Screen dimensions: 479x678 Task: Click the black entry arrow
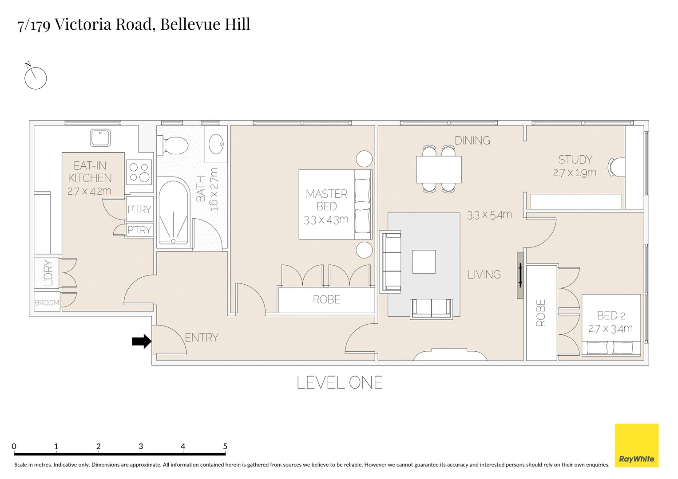pyautogui.click(x=142, y=341)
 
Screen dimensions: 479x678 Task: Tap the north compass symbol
pyautogui.click(x=35, y=78)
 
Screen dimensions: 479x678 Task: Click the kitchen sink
pyautogui.click(x=100, y=137)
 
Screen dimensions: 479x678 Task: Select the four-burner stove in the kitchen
pyautogui.click(x=139, y=172)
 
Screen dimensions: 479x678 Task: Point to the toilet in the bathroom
pyautogui.click(x=174, y=145)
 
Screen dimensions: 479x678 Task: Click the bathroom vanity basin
pyautogui.click(x=216, y=144)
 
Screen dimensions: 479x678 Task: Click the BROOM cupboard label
pyautogui.click(x=47, y=302)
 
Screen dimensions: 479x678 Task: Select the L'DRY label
pyautogui.click(x=48, y=272)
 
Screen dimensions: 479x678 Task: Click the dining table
pyautogui.click(x=439, y=169)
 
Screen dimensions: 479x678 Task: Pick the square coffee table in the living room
pyautogui.click(x=424, y=262)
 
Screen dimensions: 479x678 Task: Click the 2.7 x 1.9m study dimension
pyautogui.click(x=575, y=173)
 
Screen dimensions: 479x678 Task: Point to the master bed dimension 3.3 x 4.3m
pyautogui.click(x=326, y=220)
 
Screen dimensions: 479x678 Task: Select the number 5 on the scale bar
pyautogui.click(x=225, y=446)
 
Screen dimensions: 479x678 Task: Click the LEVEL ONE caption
pyautogui.click(x=339, y=383)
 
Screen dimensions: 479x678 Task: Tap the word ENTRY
pyautogui.click(x=202, y=338)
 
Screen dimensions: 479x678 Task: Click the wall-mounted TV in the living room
pyautogui.click(x=520, y=275)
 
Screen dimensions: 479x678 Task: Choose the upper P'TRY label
pyautogui.click(x=139, y=209)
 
